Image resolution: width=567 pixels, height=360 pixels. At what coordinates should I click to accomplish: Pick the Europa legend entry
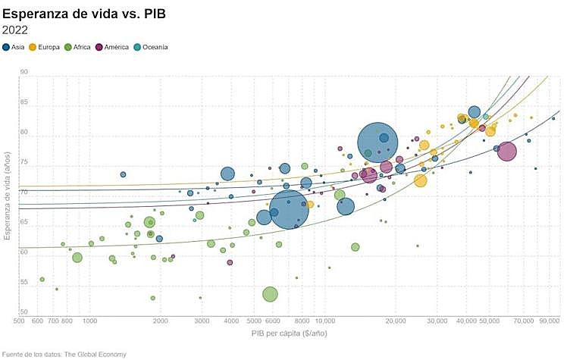46,47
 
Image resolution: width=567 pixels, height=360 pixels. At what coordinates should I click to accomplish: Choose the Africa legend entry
79,47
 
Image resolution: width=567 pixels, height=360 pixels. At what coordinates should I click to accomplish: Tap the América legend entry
114,47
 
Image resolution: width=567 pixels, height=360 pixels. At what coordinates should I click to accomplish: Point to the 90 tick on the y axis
23,72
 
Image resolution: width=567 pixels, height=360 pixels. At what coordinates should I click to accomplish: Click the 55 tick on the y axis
23,282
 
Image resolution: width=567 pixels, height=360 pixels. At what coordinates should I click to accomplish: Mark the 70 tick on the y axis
23,193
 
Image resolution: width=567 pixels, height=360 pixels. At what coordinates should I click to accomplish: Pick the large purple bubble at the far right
506,151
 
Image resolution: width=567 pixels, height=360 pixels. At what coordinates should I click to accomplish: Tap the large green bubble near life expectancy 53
270,294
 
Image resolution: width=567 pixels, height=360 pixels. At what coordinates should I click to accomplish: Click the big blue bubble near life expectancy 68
289,208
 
